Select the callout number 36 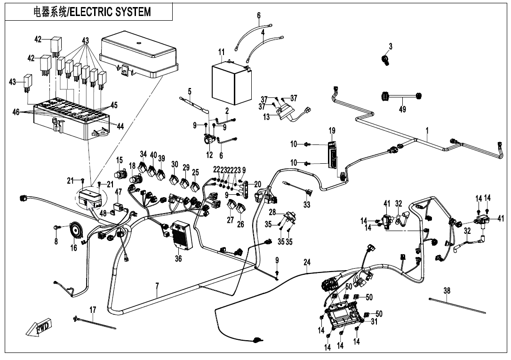[178, 259]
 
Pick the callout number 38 [447, 291]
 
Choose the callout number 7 [157, 287]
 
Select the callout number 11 [222, 52]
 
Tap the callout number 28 [272, 213]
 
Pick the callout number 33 [307, 205]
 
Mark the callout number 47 [118, 192]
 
